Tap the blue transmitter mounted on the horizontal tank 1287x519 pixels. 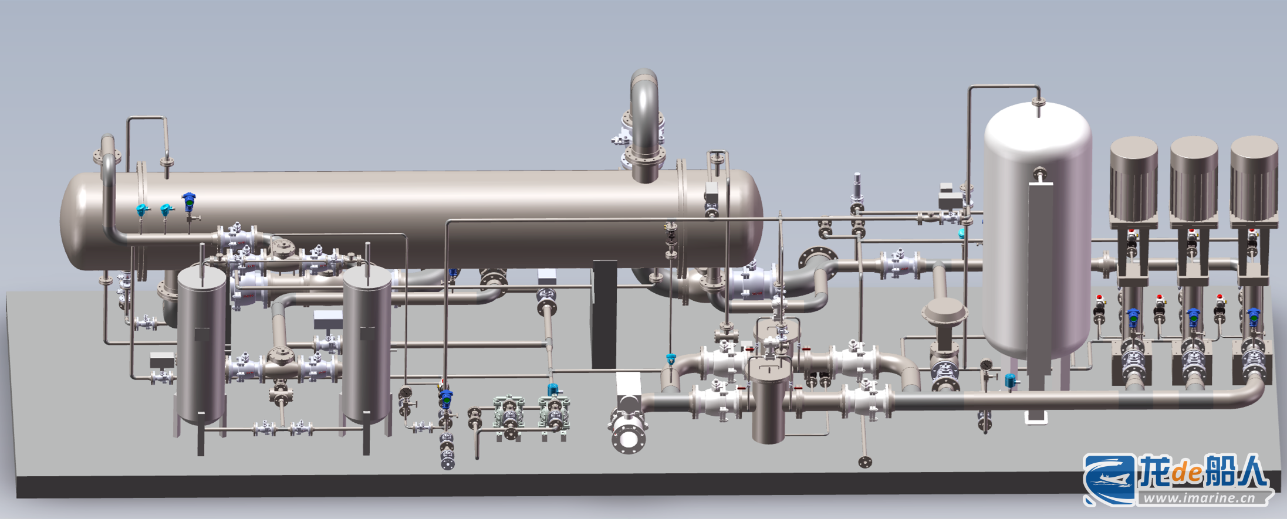(x=188, y=202)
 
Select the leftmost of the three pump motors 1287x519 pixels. (x=1133, y=179)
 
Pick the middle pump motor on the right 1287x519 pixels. (x=1194, y=179)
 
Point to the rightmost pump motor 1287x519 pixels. (x=1254, y=179)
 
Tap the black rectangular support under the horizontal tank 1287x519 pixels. (x=604, y=314)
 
